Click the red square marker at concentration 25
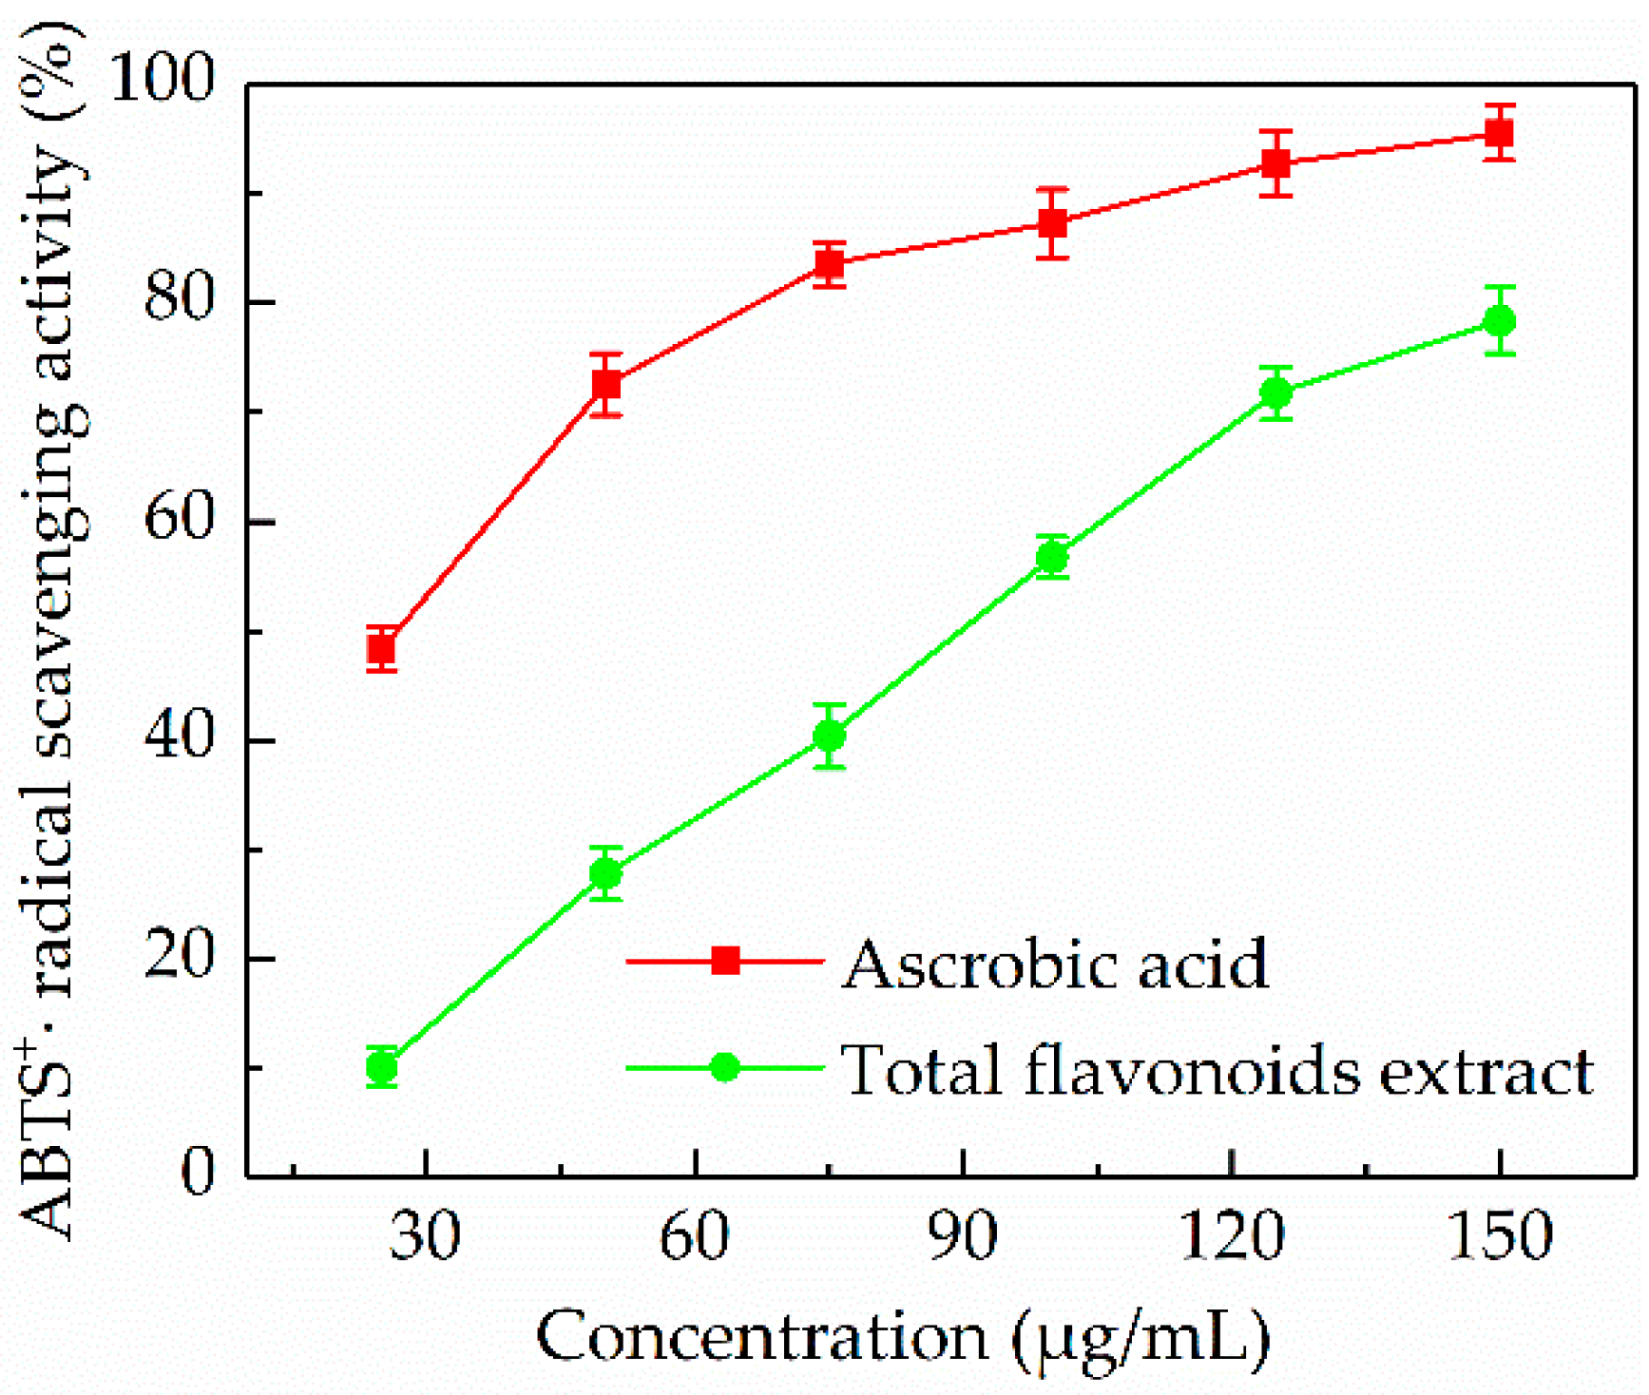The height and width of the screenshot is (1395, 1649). point(381,650)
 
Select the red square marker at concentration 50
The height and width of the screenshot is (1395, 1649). point(606,385)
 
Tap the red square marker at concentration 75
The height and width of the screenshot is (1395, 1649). point(830,264)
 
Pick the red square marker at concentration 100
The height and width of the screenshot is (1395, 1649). point(1052,223)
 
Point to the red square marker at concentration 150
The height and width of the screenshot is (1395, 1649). point(1499,133)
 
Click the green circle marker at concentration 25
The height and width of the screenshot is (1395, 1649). point(381,1068)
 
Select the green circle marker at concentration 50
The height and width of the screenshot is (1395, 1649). point(606,873)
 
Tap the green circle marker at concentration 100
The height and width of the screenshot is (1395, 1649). point(1052,557)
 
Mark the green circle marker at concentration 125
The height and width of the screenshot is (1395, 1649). point(1275,392)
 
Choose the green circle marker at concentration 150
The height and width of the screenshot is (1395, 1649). point(1499,321)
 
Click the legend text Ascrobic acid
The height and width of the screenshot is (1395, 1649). point(1055,964)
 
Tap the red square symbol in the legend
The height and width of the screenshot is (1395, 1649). point(725,961)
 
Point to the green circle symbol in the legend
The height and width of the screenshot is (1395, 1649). point(725,1068)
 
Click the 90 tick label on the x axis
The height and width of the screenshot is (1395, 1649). point(964,1236)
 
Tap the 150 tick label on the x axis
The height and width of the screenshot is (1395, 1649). point(1499,1236)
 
